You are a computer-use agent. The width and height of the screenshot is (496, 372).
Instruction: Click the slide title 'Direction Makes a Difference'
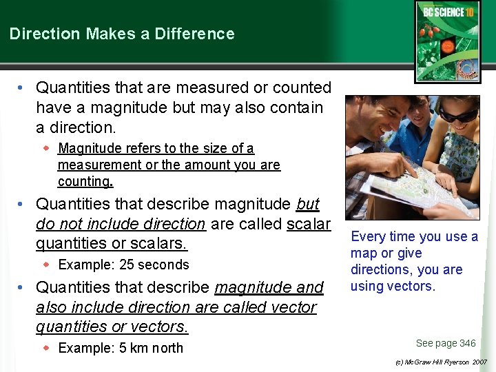click(x=122, y=34)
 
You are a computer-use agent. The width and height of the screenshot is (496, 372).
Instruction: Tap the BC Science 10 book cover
click(x=447, y=41)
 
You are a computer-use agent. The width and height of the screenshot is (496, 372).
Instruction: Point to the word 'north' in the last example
click(x=167, y=348)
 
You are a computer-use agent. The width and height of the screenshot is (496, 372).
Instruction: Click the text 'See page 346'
click(x=446, y=343)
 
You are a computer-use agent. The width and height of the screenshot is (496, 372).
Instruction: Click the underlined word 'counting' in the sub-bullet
click(x=84, y=182)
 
